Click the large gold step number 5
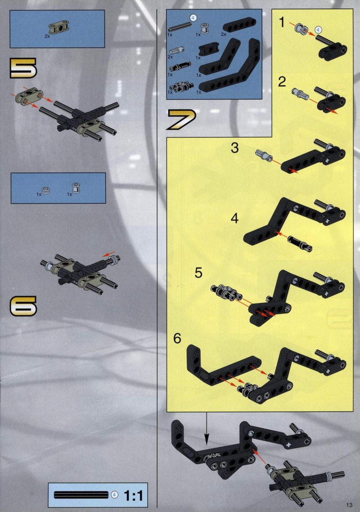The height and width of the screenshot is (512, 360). click(x=23, y=68)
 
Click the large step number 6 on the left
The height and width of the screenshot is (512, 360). click(x=23, y=306)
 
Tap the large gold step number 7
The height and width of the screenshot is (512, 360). click(x=181, y=120)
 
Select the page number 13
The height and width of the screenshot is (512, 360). click(x=349, y=505)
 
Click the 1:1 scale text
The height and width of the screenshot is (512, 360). click(x=133, y=495)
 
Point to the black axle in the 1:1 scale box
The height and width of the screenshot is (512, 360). click(x=81, y=495)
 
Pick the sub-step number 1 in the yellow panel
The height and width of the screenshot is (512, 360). click(x=282, y=22)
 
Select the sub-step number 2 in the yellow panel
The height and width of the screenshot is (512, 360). click(x=282, y=82)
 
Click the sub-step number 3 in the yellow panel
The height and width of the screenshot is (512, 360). click(x=235, y=148)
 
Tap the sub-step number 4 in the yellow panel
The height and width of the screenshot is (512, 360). click(x=235, y=218)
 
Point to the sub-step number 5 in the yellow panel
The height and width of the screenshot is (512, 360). click(x=199, y=273)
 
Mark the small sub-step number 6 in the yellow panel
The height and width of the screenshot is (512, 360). click(x=177, y=339)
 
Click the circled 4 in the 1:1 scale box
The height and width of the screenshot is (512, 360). click(x=114, y=495)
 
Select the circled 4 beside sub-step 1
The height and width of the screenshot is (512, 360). click(x=318, y=30)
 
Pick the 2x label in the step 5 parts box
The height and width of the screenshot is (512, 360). click(x=47, y=37)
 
